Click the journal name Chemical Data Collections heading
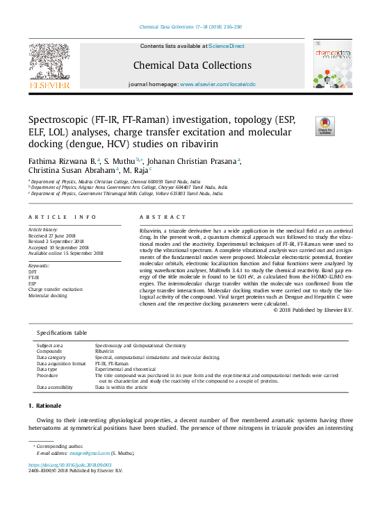[x=188, y=66]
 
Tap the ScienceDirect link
[x=227, y=46]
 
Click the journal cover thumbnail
[x=332, y=64]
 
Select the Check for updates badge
[x=325, y=126]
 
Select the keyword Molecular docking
[x=48, y=296]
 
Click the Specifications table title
[x=62, y=333]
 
